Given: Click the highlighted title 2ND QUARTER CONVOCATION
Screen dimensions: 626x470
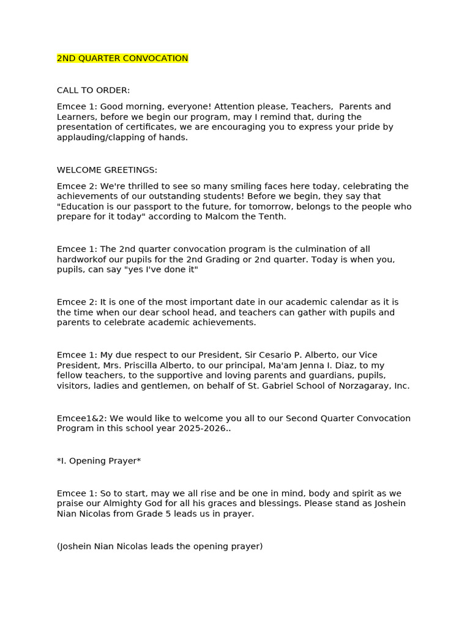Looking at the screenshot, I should [122, 59].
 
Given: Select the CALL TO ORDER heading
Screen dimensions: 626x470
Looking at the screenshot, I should [93, 90].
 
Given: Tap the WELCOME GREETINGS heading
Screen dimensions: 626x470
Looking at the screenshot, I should [107, 170].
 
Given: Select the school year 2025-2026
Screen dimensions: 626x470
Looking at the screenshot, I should [203, 429].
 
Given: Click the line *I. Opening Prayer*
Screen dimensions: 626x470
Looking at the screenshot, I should [99, 462].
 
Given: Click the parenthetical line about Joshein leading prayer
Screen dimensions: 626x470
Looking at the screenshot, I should [160, 547].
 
